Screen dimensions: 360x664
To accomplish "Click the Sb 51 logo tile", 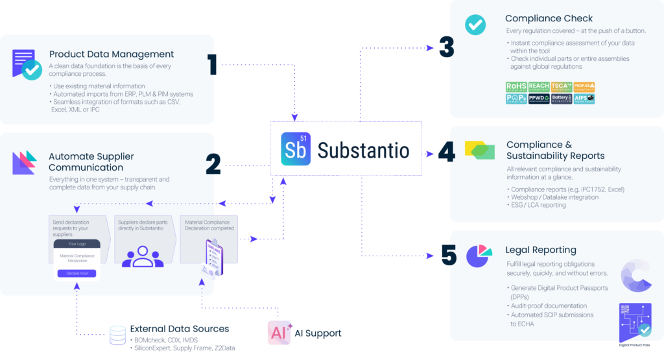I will click(296, 149).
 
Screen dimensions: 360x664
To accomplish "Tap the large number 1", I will click(212, 66).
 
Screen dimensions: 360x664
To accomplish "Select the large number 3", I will click(445, 47).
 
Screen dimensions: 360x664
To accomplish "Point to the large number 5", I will click(448, 254).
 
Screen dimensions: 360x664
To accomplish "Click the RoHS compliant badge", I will click(516, 87).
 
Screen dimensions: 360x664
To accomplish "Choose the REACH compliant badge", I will click(538, 87).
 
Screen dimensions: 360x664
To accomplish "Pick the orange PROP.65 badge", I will click(584, 87).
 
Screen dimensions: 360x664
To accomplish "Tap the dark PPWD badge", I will click(538, 99).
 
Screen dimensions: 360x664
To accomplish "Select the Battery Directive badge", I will click(561, 99).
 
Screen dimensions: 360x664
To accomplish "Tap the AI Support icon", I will click(279, 333).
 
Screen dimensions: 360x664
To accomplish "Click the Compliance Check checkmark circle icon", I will click(475, 25).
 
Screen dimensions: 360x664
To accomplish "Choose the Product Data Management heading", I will click(112, 54).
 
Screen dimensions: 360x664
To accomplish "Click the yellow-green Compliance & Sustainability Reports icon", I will click(480, 150).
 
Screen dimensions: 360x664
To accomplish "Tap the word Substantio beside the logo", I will click(363, 150).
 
